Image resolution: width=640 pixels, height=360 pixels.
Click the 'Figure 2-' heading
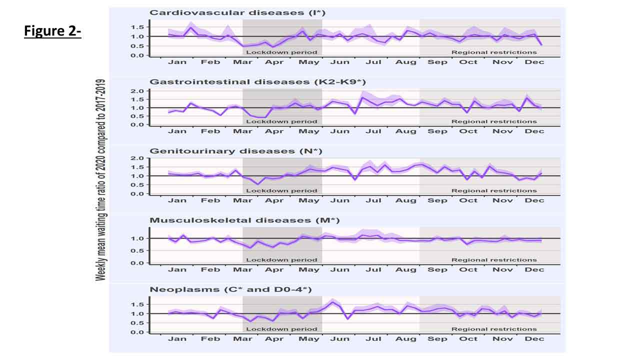[x=52, y=31]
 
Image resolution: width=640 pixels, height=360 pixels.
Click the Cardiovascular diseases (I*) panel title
[x=237, y=12]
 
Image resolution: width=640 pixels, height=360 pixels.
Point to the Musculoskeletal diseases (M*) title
[x=245, y=220]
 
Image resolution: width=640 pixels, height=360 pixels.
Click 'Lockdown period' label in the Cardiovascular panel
[x=281, y=52]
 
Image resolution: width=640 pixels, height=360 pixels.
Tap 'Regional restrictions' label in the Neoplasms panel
[x=494, y=329]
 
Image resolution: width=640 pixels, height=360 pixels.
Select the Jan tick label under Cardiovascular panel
[x=177, y=62]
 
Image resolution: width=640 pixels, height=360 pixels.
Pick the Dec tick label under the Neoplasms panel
[x=535, y=339]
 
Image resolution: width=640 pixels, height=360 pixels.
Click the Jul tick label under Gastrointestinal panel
[x=373, y=131]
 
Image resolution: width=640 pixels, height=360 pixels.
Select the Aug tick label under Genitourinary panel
[x=405, y=200]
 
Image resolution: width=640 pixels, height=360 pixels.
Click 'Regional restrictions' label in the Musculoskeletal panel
[x=494, y=260]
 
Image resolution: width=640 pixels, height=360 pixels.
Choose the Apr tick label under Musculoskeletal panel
[x=274, y=269]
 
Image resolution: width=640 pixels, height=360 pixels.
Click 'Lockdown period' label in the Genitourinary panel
[x=281, y=190]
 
